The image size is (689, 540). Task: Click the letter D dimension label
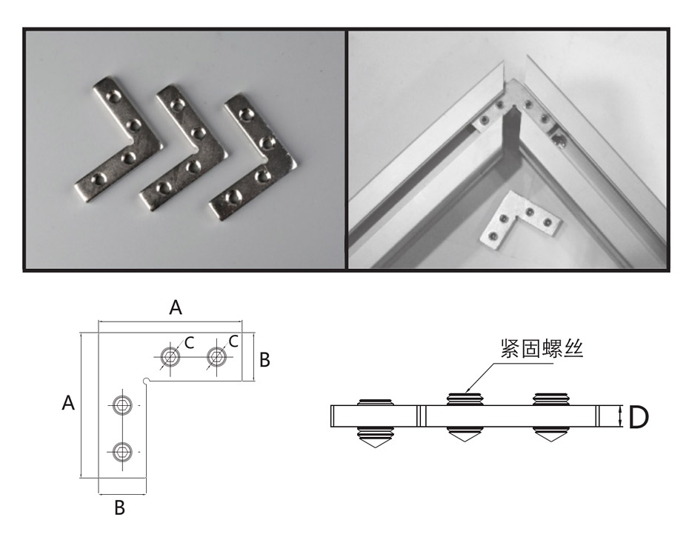coord(639,417)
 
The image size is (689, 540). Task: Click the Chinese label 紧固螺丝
coord(542,349)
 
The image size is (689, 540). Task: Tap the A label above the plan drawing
coord(176,307)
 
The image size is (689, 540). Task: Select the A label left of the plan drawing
coord(68,402)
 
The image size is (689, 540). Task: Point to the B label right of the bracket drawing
coord(264,360)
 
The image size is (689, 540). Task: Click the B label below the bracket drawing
coord(119,507)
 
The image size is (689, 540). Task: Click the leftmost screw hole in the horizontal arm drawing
coord(170,357)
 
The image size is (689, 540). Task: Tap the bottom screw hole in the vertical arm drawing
coord(122,451)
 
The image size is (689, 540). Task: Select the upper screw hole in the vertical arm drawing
coord(122,404)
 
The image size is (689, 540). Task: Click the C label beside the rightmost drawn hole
coord(234,341)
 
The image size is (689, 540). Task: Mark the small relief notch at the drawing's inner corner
coord(147,381)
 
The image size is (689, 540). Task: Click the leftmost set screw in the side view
coord(375,424)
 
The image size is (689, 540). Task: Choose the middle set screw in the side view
coord(465,417)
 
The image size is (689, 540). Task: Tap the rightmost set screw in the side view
coord(551,417)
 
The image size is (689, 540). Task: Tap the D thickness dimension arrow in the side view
coord(620,416)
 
